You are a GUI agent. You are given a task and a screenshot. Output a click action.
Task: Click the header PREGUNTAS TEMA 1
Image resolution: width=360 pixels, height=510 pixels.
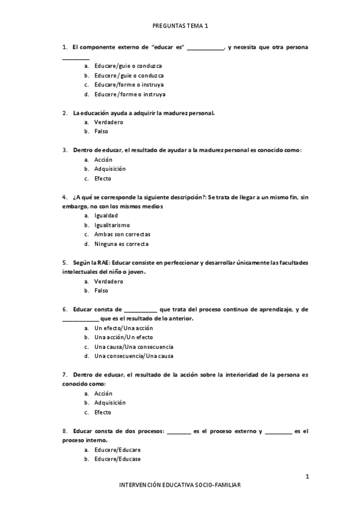180,26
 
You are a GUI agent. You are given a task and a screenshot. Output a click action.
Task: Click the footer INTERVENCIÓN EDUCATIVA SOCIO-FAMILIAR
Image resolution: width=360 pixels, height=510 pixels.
180,484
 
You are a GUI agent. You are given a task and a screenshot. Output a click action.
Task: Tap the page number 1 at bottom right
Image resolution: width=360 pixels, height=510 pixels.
307,477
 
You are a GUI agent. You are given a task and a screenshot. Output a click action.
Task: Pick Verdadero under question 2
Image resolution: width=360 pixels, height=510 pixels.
108,122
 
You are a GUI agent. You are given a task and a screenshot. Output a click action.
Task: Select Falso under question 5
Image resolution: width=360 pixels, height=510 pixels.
101,290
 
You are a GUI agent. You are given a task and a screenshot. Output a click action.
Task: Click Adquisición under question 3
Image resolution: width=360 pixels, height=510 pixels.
110,169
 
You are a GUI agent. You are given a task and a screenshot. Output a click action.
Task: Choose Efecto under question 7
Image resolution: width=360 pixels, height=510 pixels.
103,413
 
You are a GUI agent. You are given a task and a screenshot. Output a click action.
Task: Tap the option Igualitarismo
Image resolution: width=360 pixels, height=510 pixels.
112,225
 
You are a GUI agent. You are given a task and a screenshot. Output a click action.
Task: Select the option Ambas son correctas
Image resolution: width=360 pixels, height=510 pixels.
122,235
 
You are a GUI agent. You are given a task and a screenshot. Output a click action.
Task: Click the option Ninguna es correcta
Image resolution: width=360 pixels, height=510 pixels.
121,244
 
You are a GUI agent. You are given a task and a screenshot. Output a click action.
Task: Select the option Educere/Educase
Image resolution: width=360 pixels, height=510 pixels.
117,459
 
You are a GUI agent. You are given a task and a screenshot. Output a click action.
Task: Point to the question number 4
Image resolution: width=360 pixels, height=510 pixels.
64,197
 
